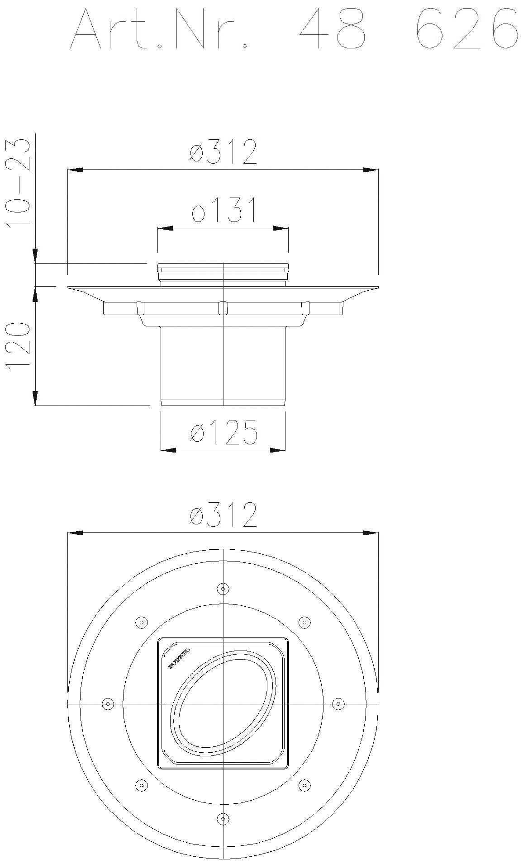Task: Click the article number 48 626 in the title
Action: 407,28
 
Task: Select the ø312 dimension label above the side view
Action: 223,152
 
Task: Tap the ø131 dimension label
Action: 223,210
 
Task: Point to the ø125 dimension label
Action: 223,432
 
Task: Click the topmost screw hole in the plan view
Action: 223,589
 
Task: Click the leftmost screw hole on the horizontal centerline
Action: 108,704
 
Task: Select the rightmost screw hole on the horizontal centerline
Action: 338,704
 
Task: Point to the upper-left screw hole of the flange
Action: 142,623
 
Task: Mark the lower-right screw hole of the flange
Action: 304,785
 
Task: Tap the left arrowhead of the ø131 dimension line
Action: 165,229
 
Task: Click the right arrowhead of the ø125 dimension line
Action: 278,450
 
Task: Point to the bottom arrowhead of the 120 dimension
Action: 35,398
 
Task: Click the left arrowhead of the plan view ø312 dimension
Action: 75,533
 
